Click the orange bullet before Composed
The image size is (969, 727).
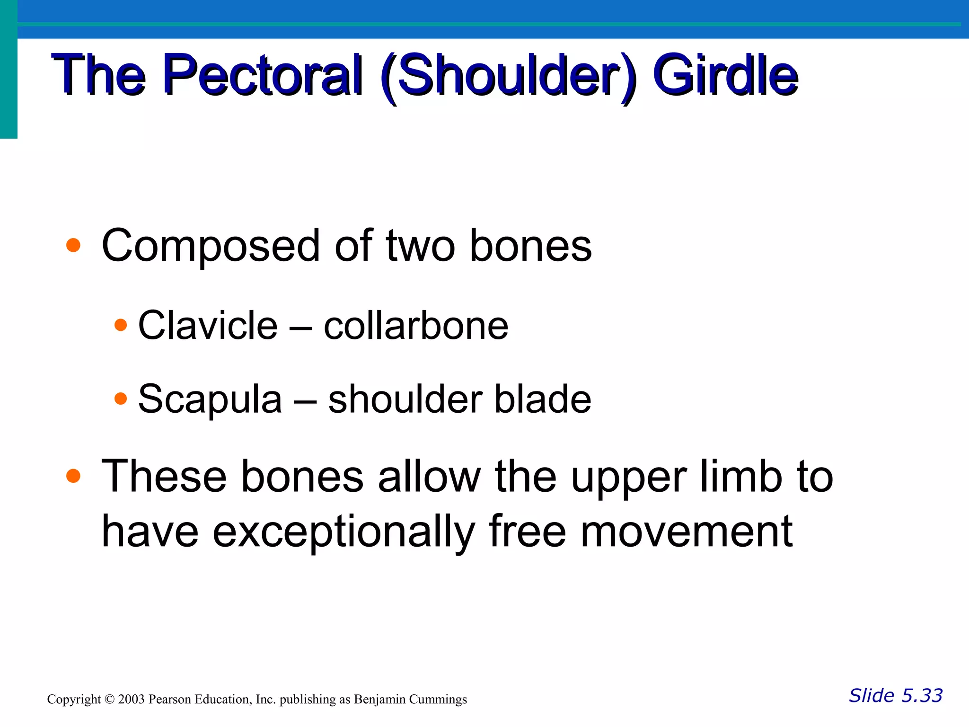tap(73, 245)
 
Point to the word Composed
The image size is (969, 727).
tap(211, 246)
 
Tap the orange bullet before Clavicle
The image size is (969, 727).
tap(121, 325)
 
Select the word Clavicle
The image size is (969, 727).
tap(207, 325)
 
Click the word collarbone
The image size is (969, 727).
tap(416, 326)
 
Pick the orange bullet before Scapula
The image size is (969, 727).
tap(121, 399)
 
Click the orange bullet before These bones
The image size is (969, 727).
tap(73, 476)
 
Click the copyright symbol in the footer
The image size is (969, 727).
tap(109, 700)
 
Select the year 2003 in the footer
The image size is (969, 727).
tap(131, 700)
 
